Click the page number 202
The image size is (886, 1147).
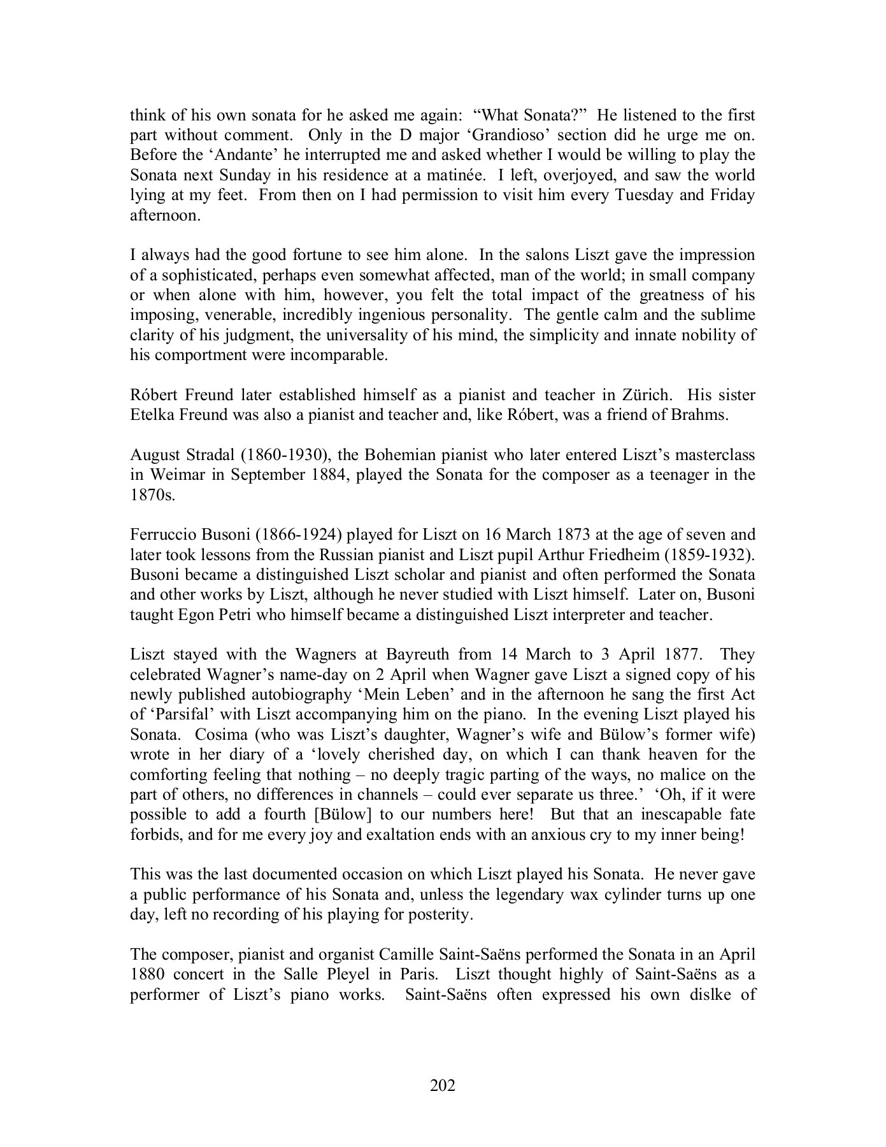[x=443, y=1085]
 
